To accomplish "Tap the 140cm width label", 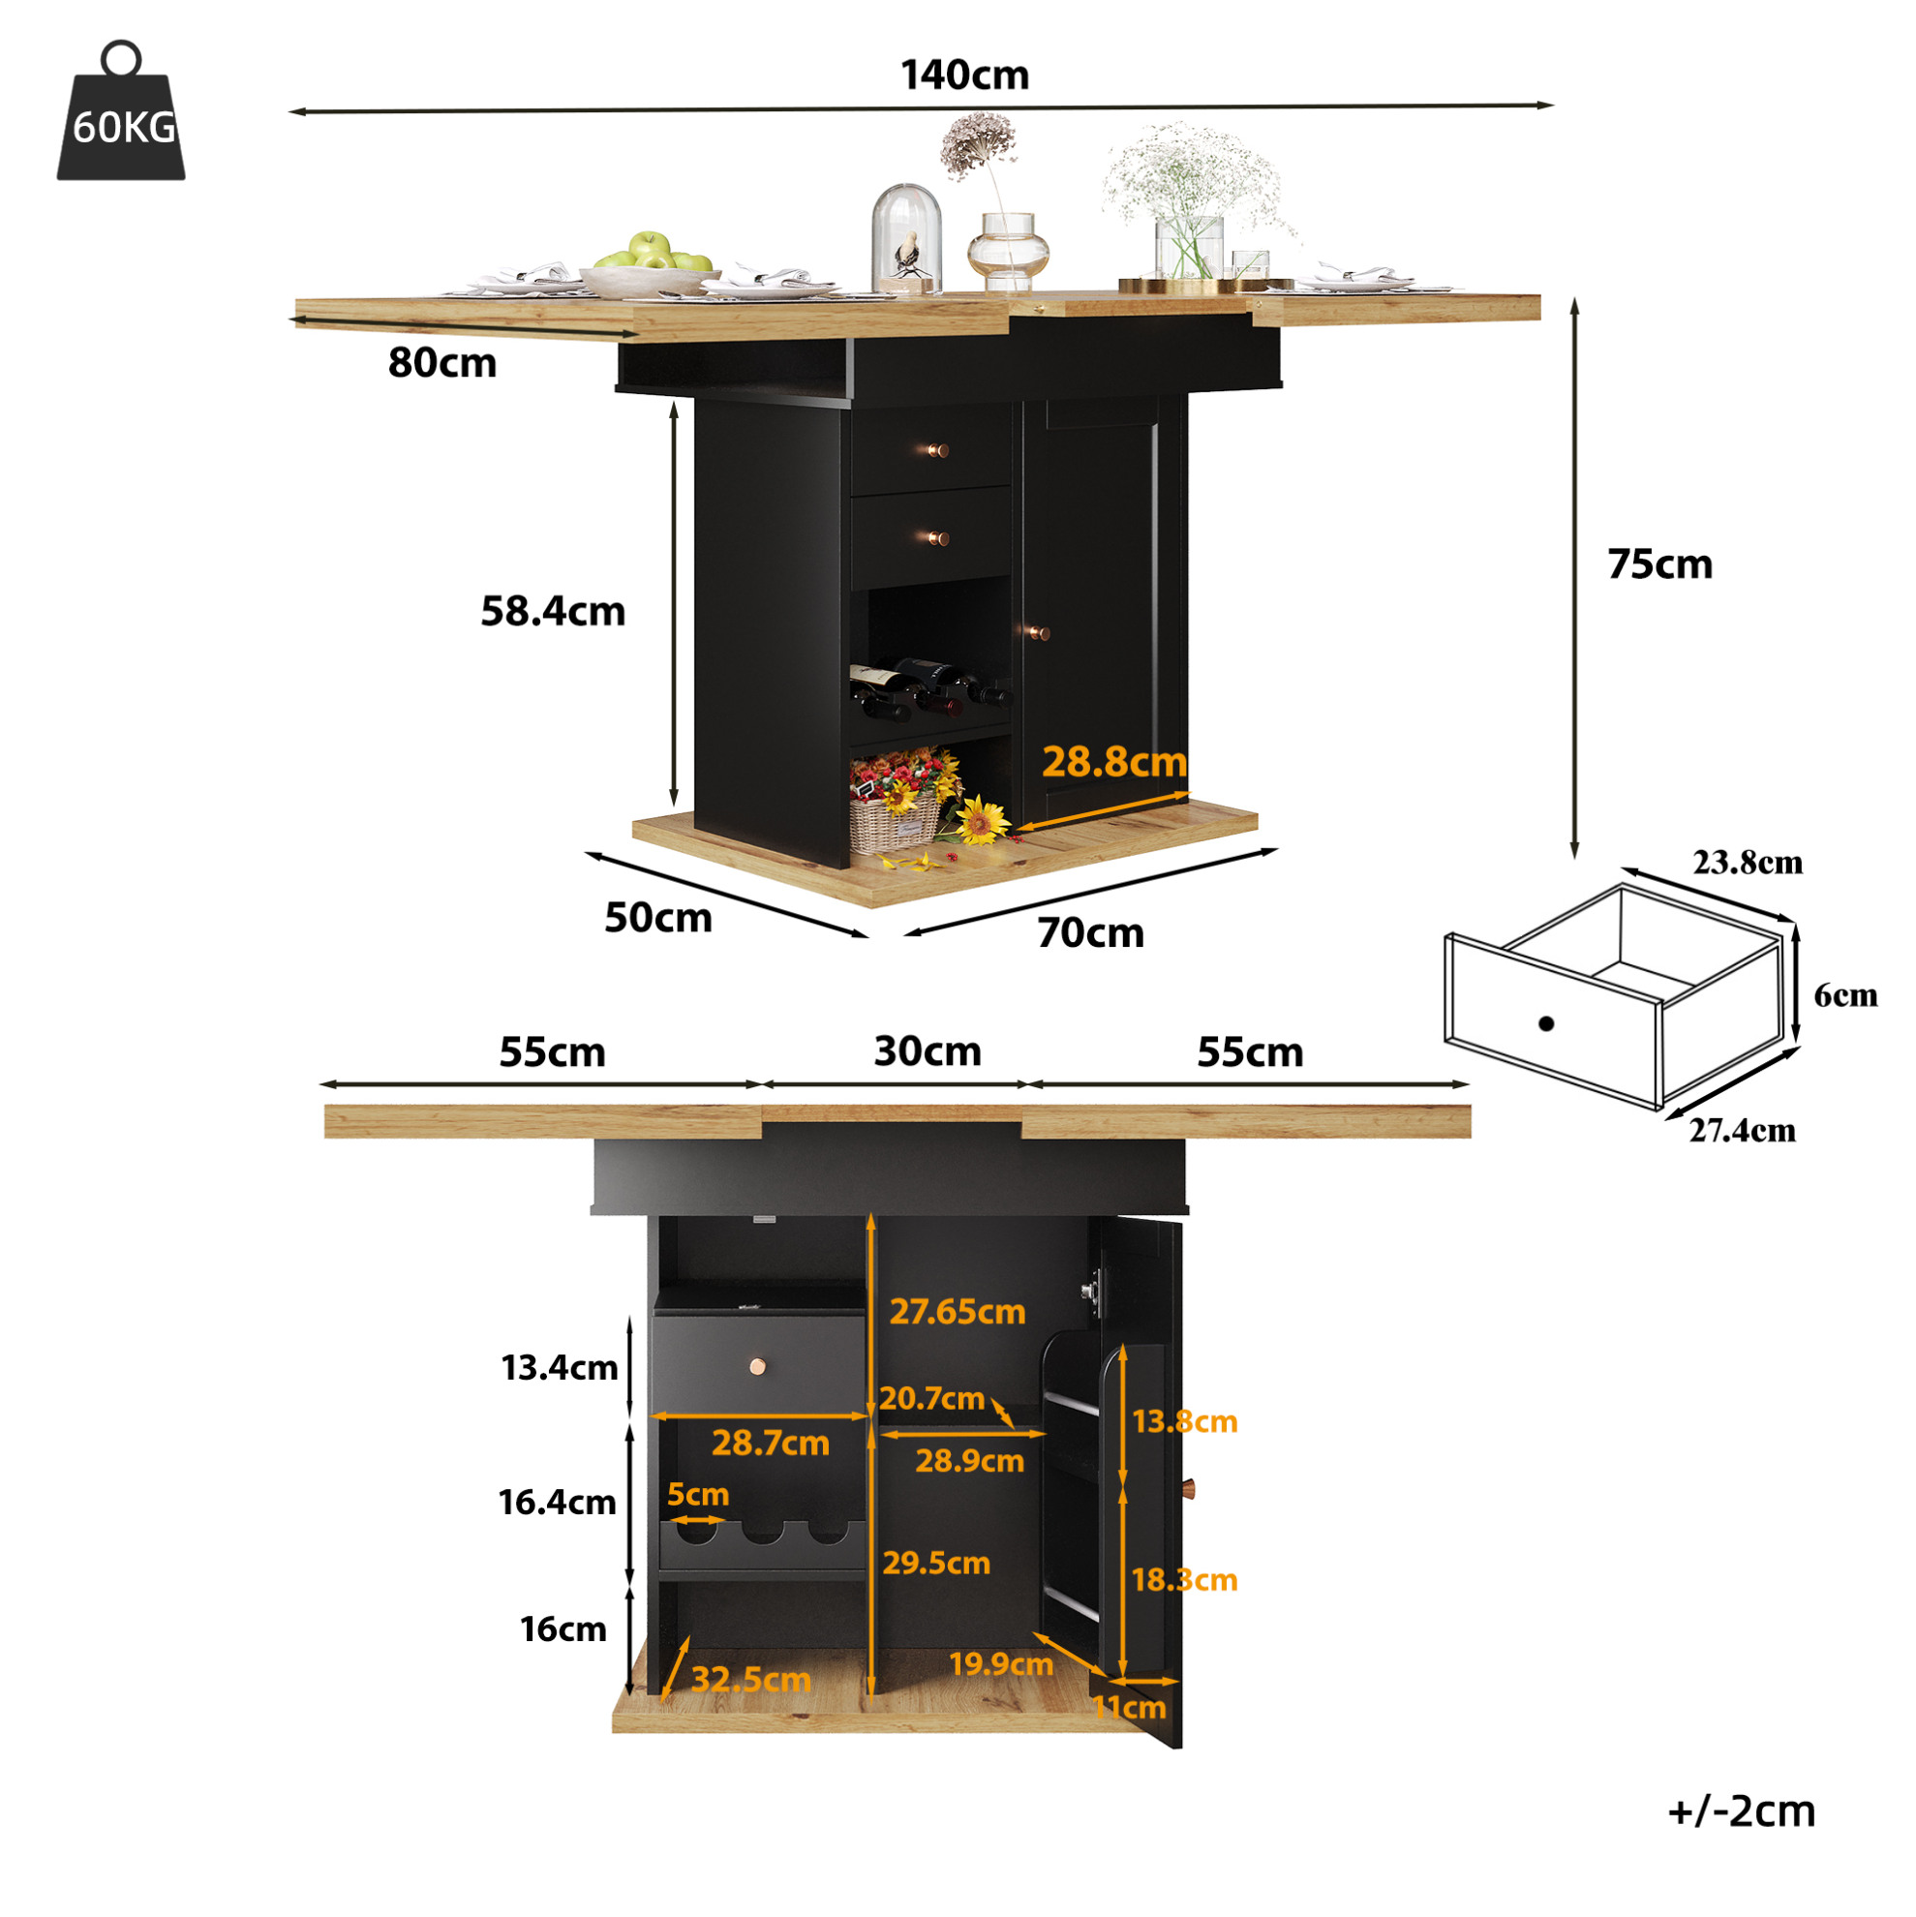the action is coord(964,76).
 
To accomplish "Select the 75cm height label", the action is coord(1660,563).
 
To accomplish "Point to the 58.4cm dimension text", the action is coord(553,611).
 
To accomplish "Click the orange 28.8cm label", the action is coord(1114,761).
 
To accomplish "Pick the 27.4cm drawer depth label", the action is coord(1743,1130).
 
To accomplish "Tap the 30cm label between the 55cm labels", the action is coord(927,1050).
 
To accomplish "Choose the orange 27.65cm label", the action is coord(957,1311).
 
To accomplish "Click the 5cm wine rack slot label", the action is coord(697,1493).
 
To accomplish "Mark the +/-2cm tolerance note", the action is coord(1742,1810).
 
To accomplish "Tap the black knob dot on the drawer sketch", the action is coord(1545,1023).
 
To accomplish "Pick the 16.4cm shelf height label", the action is coord(557,1503).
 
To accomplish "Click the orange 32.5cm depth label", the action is coord(750,1680).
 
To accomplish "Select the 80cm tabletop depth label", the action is coord(441,363).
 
